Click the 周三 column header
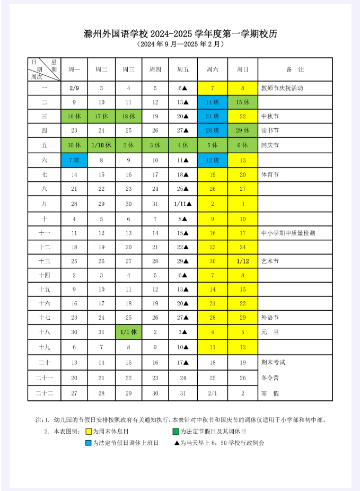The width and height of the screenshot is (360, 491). pos(128,69)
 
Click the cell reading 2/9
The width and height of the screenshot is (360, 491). pos(74,88)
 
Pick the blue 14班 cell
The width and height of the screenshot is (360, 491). pos(213,102)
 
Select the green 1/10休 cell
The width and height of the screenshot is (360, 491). pos(101,145)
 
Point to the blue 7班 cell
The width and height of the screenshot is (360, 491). pos(74,160)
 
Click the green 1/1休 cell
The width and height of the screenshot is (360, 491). pos(128,332)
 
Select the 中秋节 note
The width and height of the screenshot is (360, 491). pos(270,116)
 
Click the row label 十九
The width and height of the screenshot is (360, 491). pos(45,347)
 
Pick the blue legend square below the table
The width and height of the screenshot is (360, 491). pos(89,443)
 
